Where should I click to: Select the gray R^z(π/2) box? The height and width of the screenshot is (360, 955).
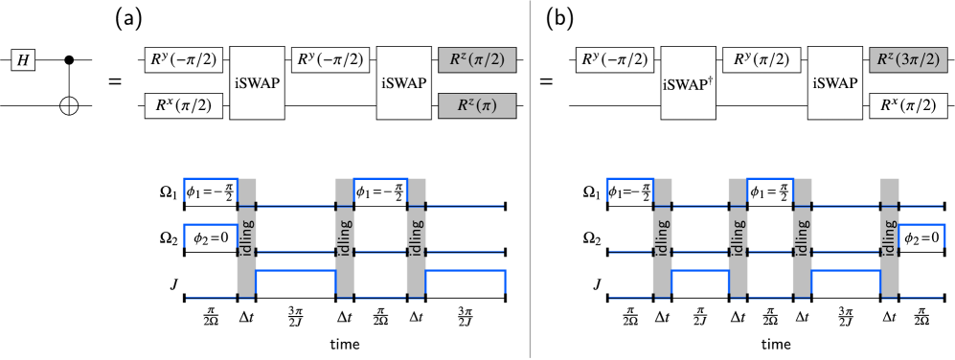(x=477, y=60)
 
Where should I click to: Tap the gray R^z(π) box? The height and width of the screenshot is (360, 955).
(x=477, y=105)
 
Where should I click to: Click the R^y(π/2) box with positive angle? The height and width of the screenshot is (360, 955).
(x=762, y=60)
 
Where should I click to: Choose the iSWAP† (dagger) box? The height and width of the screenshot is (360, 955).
(x=689, y=83)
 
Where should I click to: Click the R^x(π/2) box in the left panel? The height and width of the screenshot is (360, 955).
(x=183, y=105)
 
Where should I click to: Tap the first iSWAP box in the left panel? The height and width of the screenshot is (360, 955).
(x=258, y=83)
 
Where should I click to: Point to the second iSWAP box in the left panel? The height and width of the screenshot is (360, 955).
(x=403, y=83)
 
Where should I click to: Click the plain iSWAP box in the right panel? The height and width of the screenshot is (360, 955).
(x=834, y=83)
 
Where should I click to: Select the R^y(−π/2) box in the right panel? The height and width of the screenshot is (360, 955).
(x=616, y=60)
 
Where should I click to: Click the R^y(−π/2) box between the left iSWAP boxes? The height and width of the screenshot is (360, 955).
(x=330, y=60)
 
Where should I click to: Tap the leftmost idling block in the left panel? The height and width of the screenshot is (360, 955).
(x=247, y=236)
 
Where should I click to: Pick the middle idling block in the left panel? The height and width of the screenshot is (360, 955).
(x=345, y=236)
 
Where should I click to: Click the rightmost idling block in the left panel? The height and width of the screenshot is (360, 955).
(x=416, y=236)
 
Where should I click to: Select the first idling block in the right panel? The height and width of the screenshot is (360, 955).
(x=663, y=236)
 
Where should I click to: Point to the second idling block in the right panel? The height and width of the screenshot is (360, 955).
(x=738, y=236)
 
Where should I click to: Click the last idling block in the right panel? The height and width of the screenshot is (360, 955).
(x=890, y=236)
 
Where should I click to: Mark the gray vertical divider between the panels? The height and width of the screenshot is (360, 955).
(x=530, y=180)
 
